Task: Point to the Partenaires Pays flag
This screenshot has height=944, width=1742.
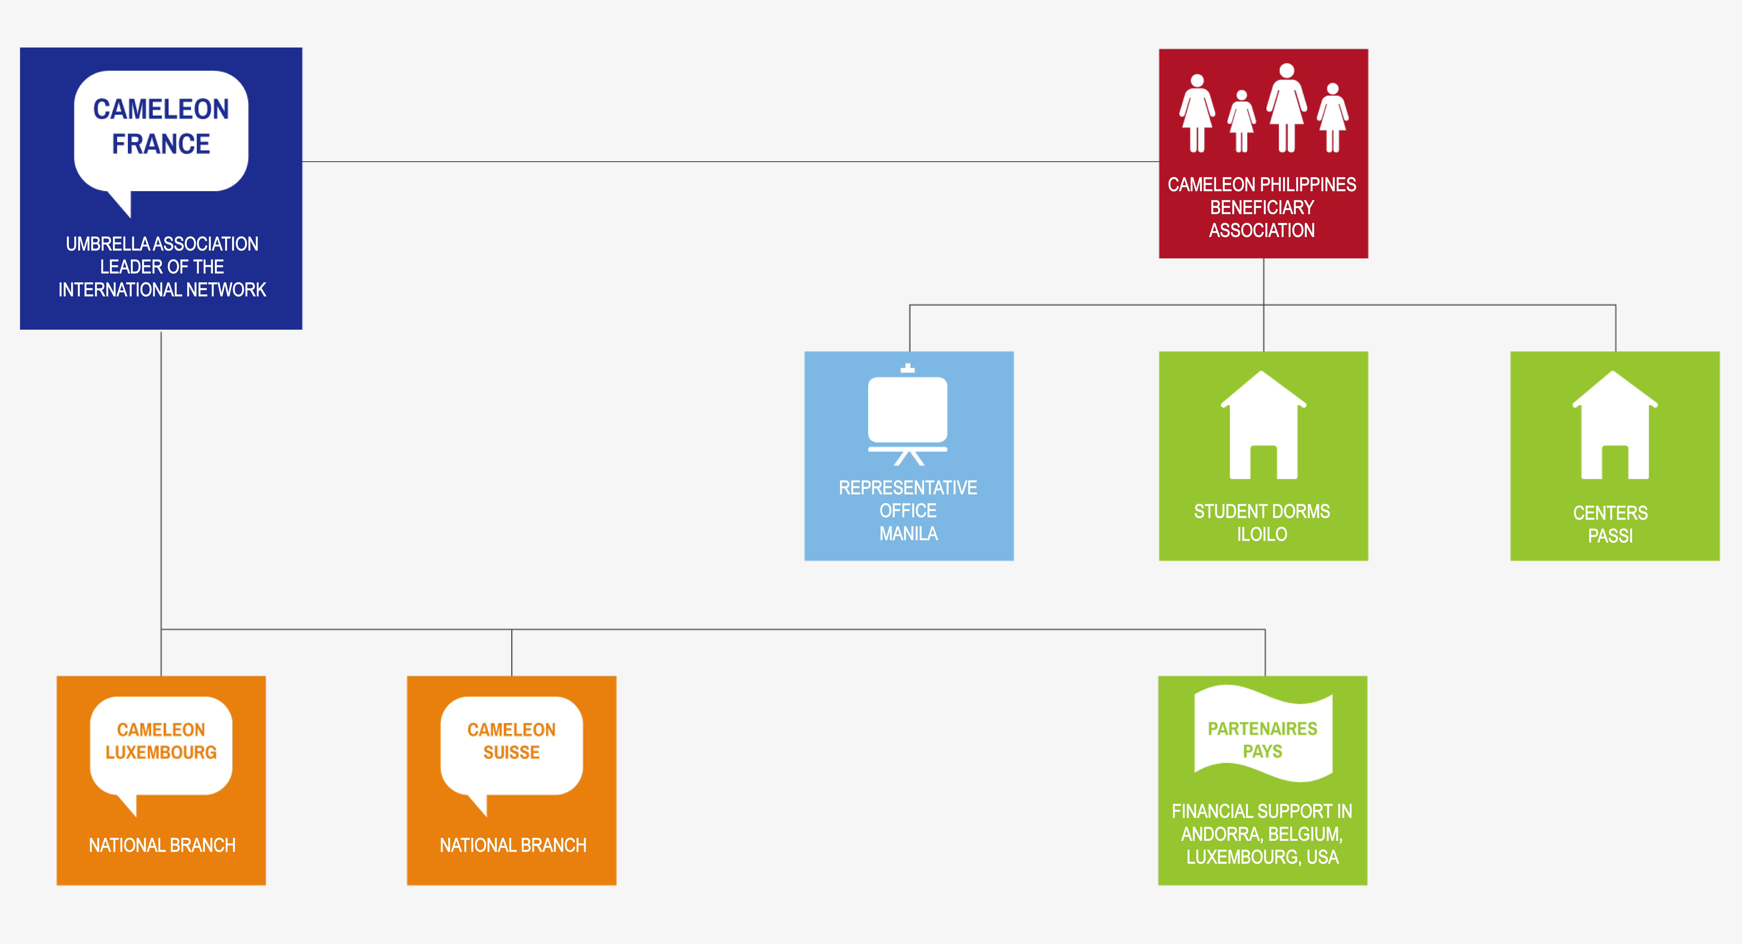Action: point(1263,734)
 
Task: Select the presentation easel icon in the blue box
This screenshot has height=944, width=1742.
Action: point(908,415)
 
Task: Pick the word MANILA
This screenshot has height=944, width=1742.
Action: point(908,533)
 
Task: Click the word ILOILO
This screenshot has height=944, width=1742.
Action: point(1262,534)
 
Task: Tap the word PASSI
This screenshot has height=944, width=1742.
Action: point(1610,536)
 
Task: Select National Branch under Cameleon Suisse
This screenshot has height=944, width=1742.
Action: point(513,845)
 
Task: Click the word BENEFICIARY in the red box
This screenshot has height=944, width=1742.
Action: point(1262,208)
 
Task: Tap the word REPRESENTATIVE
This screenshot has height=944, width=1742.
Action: point(908,488)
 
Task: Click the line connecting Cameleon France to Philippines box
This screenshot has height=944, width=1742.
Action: point(730,162)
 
